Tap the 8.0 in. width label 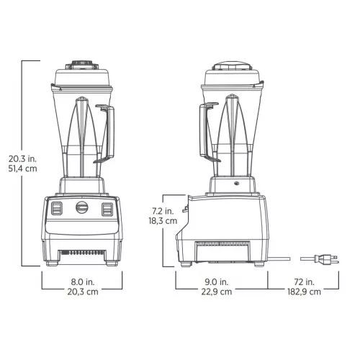[x=81, y=282]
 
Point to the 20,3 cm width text [x=81, y=293]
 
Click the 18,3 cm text [x=163, y=222]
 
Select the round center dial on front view [x=81, y=208]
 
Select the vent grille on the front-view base [x=81, y=253]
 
